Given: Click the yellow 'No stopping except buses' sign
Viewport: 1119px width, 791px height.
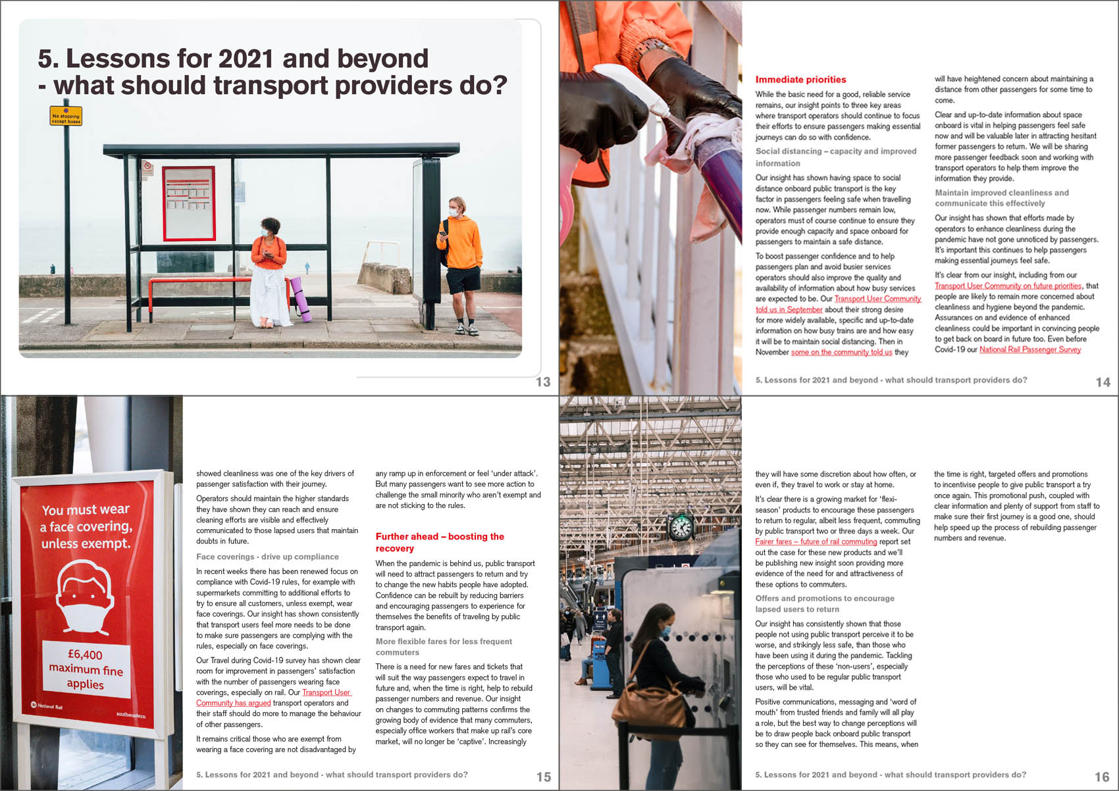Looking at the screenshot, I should tap(66, 116).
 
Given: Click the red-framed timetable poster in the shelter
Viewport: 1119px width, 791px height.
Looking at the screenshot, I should tap(189, 203).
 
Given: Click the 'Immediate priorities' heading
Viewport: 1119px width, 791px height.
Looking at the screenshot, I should tap(800, 80).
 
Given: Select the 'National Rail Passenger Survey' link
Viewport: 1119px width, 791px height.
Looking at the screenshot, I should tap(1029, 349).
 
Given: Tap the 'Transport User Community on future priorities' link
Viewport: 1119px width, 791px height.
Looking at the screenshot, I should tap(1008, 286).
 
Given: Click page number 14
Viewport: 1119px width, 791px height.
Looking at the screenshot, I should tap(1103, 382).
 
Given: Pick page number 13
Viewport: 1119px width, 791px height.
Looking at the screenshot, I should tap(542, 382).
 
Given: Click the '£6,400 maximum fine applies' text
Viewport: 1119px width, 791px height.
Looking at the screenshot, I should tap(86, 669).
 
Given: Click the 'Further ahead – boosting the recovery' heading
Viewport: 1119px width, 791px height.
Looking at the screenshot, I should tap(439, 542).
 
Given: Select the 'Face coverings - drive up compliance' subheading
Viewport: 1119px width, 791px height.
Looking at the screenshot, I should tap(267, 557).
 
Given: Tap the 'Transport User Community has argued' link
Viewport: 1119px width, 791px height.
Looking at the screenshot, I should tap(273, 698).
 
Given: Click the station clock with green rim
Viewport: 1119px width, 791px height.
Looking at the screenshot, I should tap(681, 527).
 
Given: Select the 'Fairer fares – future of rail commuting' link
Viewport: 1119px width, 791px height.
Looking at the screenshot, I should tap(816, 542).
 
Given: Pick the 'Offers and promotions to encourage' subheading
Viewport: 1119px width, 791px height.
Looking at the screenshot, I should tap(824, 598).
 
